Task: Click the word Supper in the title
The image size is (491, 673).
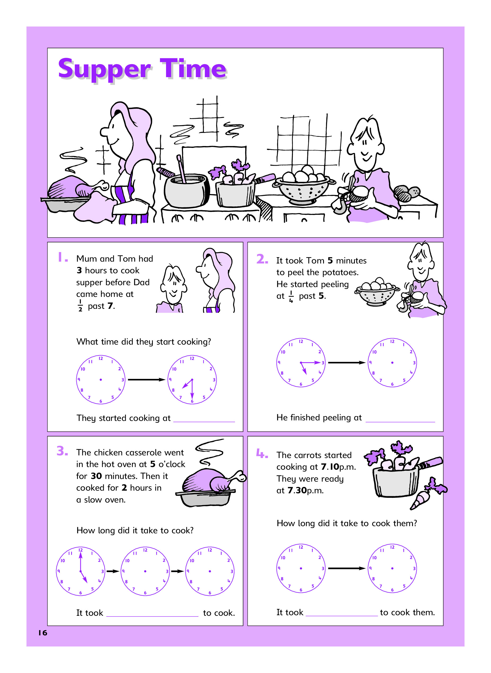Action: click(x=105, y=70)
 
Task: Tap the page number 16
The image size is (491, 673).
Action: click(x=42, y=632)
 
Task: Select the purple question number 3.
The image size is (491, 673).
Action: click(x=63, y=451)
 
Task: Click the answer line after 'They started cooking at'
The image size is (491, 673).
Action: click(x=204, y=422)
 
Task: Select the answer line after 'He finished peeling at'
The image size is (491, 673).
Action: click(x=400, y=422)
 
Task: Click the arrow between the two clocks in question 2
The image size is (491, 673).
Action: click(x=347, y=363)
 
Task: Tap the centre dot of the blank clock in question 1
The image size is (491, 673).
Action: click(x=101, y=380)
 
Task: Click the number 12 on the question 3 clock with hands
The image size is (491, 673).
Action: click(x=81, y=549)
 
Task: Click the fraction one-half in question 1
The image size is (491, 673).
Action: click(x=80, y=306)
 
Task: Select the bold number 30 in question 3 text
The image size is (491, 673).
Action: click(x=96, y=476)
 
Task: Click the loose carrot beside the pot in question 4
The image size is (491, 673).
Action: click(x=428, y=495)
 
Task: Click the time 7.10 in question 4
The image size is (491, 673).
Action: click(x=330, y=467)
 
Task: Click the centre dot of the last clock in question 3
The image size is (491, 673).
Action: click(x=210, y=571)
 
